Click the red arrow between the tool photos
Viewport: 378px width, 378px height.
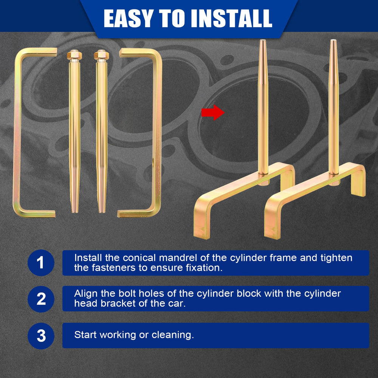[x=213, y=112]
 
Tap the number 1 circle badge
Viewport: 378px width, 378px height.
[x=41, y=263]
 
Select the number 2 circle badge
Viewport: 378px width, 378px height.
[x=41, y=299]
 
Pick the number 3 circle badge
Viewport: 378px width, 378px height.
[x=41, y=336]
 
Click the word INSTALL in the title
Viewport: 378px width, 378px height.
[x=232, y=19]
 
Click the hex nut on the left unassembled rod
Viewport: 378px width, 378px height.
[x=74, y=55]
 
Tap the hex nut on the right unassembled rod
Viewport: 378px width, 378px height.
[x=101, y=55]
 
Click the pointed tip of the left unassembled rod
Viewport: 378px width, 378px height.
[x=75, y=212]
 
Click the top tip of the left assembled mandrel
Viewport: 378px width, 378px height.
[x=263, y=40]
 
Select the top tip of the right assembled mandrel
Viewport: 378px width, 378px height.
[x=333, y=40]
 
